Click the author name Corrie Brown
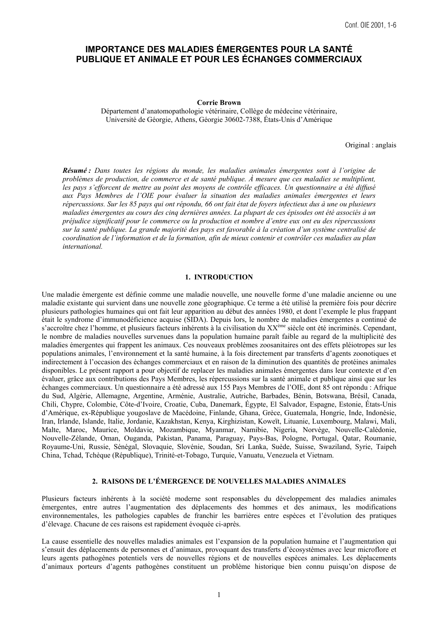pos(219,103)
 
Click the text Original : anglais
pos(371,145)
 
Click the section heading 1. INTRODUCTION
pos(219,277)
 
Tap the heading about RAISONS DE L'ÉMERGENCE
pos(219,481)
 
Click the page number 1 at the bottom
pos(219,595)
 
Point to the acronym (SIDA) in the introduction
pos(193,320)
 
